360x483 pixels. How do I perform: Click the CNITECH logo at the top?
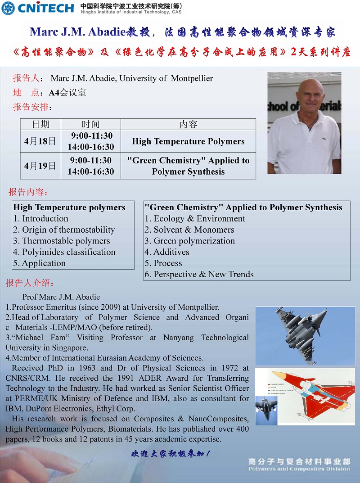tap(38, 8)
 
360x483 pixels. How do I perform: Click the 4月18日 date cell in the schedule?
tap(40, 141)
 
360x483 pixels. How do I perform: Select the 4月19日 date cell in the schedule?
tap(40, 166)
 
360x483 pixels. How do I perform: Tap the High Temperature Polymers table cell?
tap(188, 141)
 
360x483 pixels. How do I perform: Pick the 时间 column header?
tap(90, 124)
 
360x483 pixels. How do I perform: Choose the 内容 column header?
tap(188, 124)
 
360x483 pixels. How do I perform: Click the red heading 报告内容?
tap(28, 192)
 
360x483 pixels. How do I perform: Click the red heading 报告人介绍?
tap(30, 283)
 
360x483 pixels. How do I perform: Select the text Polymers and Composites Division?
tap(299, 469)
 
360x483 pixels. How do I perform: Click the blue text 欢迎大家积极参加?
tap(171, 454)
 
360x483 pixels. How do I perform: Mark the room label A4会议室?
tap(67, 93)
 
